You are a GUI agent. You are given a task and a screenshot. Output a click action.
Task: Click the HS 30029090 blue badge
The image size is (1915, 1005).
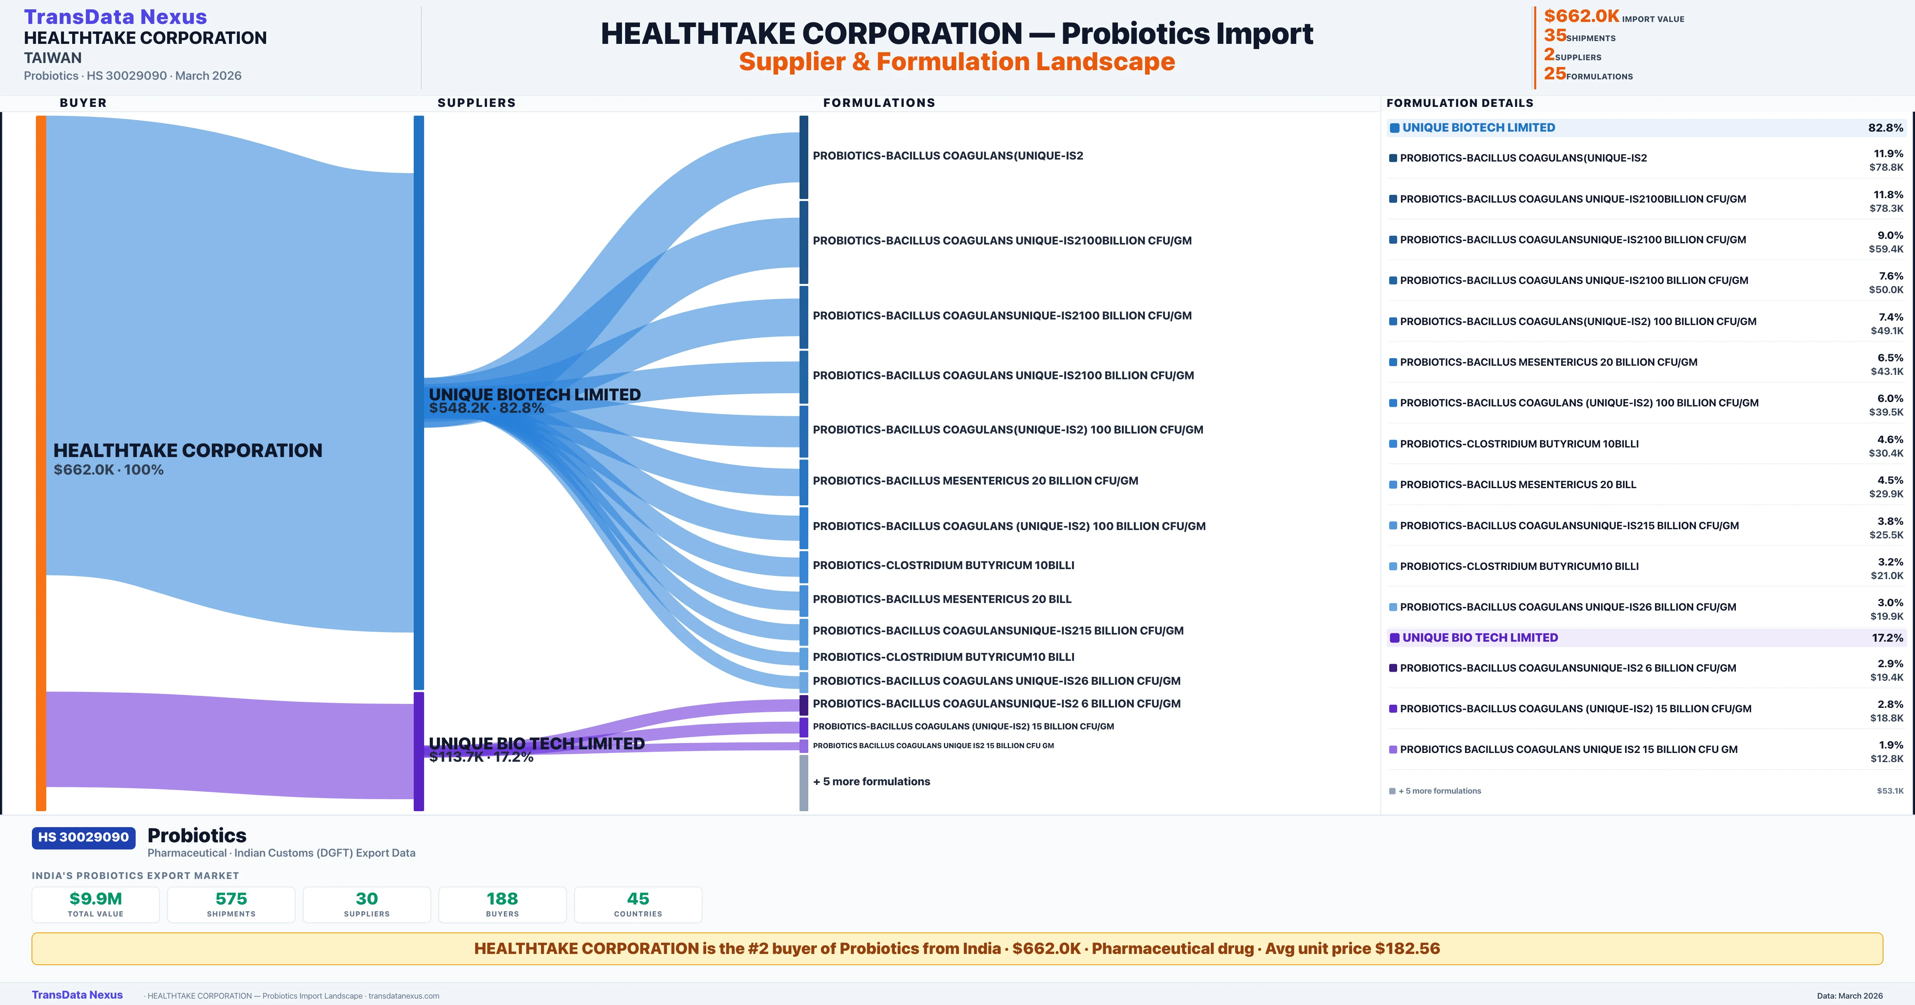tap(83, 837)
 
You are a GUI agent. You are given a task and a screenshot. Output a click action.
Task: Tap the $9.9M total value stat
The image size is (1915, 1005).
tap(95, 899)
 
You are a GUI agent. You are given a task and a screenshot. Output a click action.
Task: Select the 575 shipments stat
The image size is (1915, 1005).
tap(231, 899)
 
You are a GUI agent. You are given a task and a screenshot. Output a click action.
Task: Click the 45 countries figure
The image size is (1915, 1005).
tap(638, 899)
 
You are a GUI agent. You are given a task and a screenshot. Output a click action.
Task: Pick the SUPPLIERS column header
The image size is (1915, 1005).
tap(476, 102)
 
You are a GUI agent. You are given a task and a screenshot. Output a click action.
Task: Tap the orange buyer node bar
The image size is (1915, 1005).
tap(41, 461)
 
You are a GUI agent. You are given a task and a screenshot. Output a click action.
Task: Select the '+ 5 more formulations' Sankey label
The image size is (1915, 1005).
tap(871, 781)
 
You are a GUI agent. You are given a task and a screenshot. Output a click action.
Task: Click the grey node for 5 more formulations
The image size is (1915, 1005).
tap(804, 782)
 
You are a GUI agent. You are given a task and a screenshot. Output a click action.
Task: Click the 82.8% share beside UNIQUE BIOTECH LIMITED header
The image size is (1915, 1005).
tap(1885, 128)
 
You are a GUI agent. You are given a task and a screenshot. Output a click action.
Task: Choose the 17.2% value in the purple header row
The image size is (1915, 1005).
tap(1887, 638)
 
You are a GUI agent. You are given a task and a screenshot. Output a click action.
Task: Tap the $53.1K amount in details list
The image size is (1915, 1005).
tap(1890, 791)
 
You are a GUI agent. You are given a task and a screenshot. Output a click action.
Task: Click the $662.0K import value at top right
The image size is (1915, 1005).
tap(1581, 16)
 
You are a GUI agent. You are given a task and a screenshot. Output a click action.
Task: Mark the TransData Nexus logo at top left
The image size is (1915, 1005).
tap(115, 17)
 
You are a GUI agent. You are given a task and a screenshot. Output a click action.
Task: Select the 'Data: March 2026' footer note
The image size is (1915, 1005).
tap(1850, 995)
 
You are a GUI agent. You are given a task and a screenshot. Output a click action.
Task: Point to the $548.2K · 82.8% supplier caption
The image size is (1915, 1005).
tap(486, 408)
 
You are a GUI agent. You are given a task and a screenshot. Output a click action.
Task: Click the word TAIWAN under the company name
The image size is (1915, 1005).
tap(53, 58)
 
